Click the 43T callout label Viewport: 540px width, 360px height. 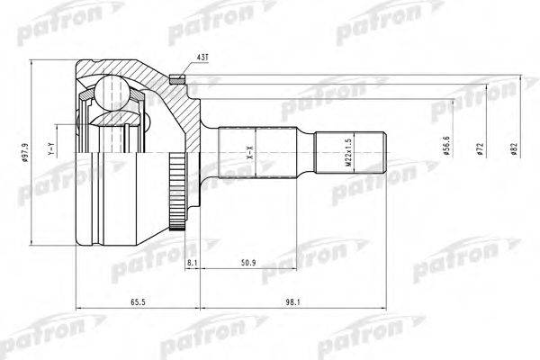(202, 57)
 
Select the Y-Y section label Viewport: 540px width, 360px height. (51, 148)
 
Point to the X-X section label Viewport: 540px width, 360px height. (251, 151)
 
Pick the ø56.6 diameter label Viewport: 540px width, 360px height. (447, 146)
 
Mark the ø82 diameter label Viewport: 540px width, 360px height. (515, 148)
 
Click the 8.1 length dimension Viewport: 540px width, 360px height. (192, 263)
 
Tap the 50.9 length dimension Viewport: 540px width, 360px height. (248, 263)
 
